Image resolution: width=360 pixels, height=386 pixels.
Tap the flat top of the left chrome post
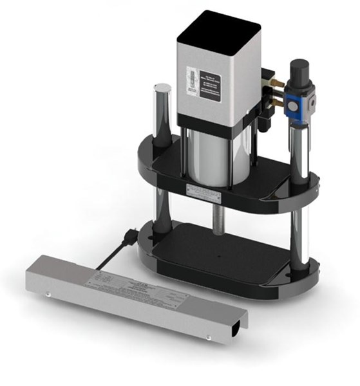(x=161, y=88)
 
